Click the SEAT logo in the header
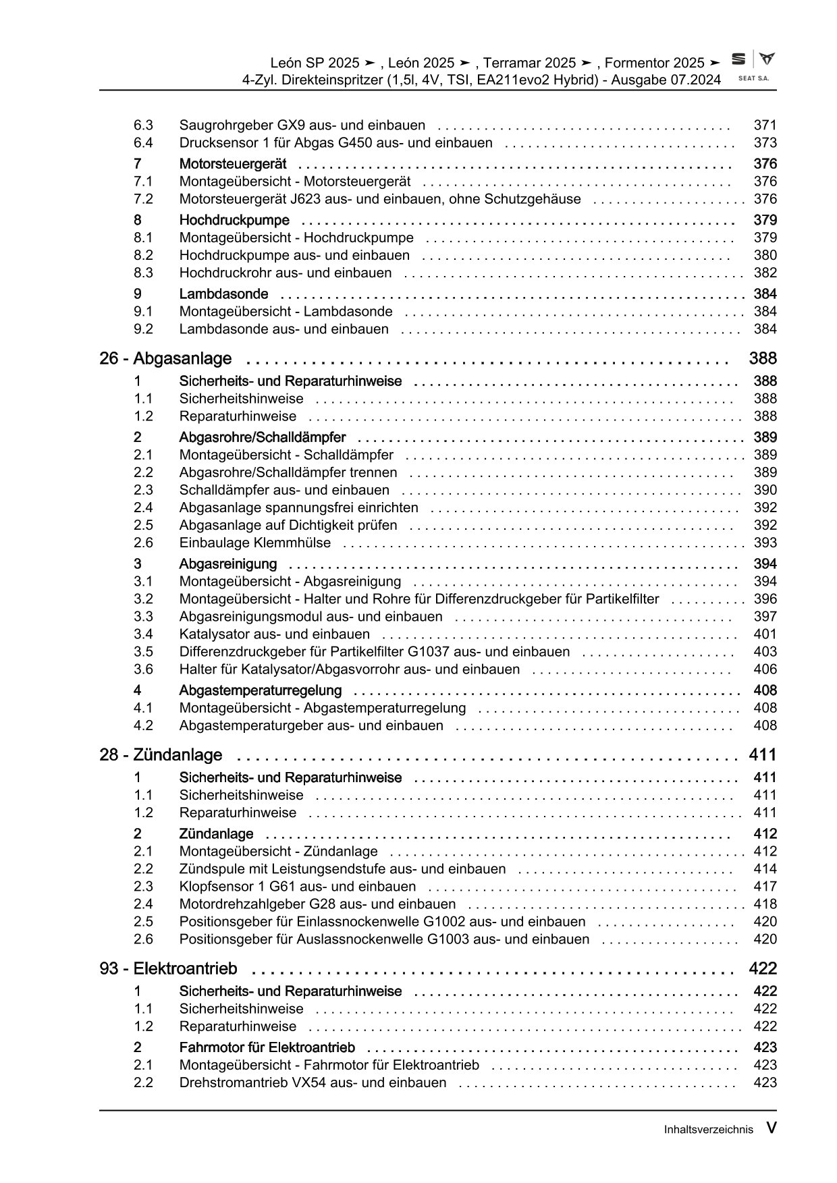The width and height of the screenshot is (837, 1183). tap(753, 66)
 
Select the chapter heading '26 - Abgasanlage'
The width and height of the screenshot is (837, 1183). tap(165, 358)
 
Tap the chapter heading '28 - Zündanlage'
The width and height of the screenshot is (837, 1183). tap(161, 754)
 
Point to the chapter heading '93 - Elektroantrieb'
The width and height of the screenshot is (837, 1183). tap(168, 968)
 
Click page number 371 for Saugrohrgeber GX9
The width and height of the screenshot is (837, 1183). tap(765, 125)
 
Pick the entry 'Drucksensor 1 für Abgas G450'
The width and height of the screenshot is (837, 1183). tap(335, 142)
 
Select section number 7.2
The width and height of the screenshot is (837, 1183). tap(143, 199)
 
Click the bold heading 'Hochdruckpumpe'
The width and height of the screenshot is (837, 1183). tap(234, 220)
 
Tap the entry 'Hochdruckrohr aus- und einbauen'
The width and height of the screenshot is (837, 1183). tap(285, 273)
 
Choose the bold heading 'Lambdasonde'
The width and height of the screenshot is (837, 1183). tap(223, 294)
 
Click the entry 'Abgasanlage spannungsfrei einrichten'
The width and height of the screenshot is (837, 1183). tap(298, 507)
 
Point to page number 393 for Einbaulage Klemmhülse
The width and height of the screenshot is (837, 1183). tap(765, 543)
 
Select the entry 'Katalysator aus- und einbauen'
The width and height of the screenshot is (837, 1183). tap(274, 634)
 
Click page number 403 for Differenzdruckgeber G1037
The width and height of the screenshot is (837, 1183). tap(765, 651)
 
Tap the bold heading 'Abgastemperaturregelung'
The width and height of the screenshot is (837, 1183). tap(260, 690)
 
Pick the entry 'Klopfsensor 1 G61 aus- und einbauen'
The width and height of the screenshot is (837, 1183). tap(297, 886)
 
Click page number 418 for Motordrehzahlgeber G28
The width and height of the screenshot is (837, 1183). tap(765, 904)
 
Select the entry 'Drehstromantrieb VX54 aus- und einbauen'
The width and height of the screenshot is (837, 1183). tap(313, 1082)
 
